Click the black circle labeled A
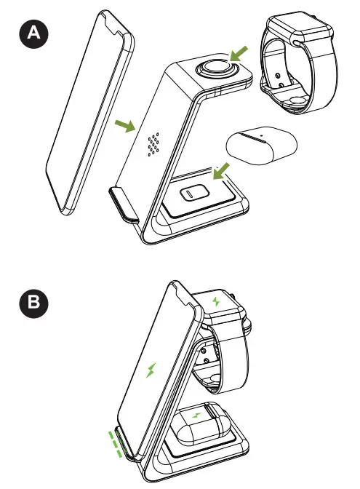pos(32,33)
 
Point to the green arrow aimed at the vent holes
pos(127,127)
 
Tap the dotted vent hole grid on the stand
pos(154,145)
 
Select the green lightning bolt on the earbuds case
pos(198,416)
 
